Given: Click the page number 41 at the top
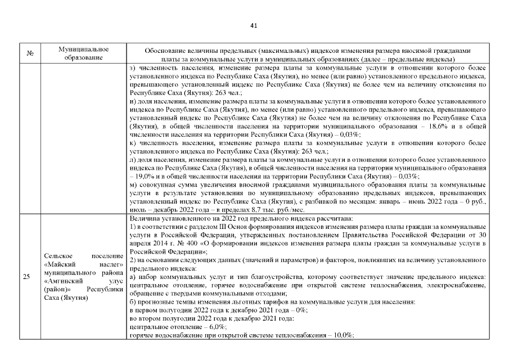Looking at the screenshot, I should pyautogui.click(x=253, y=25).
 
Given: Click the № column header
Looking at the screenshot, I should pyautogui.click(x=30, y=54).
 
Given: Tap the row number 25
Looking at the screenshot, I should pyautogui.click(x=27, y=276).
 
